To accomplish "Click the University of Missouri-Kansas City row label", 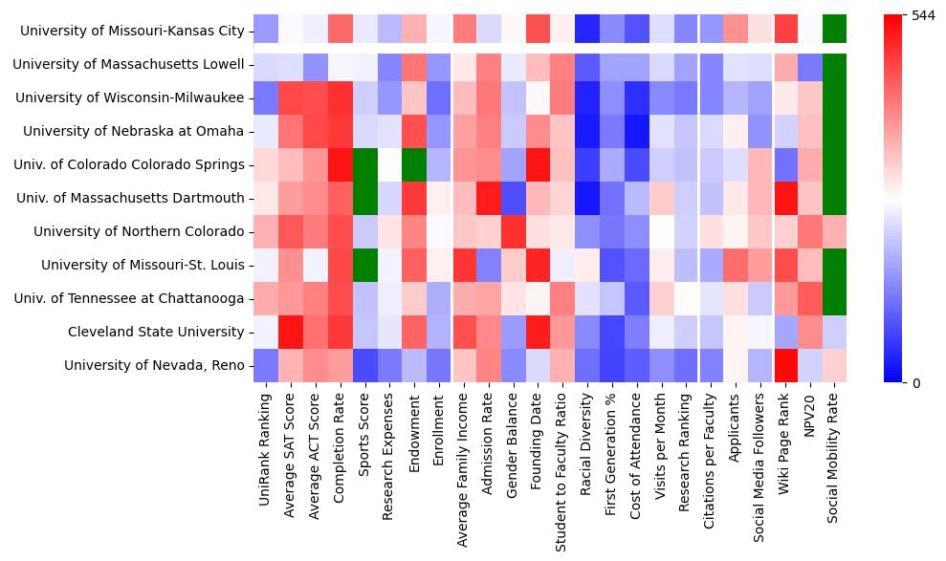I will click(132, 31).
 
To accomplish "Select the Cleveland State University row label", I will click(156, 332).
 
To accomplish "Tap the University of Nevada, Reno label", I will click(154, 365).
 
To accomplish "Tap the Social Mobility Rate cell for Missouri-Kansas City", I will click(835, 30).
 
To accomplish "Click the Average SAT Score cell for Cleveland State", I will click(291, 332).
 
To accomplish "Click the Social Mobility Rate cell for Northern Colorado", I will click(835, 231).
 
